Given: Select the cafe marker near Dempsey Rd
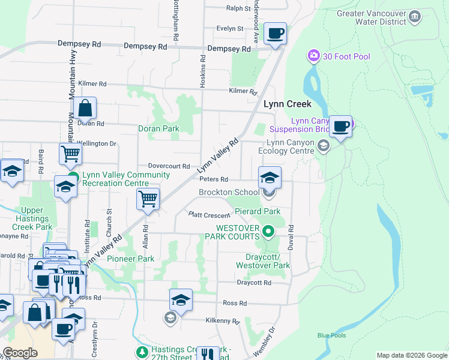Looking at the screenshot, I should (x=275, y=34).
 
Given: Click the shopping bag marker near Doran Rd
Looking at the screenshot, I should (x=85, y=109).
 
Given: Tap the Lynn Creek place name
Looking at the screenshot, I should (x=288, y=104).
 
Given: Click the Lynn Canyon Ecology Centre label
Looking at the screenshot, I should (x=291, y=146).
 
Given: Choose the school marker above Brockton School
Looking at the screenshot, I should (x=270, y=178).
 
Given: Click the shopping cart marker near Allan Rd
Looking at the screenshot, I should (x=148, y=199).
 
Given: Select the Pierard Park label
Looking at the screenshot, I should (x=258, y=212).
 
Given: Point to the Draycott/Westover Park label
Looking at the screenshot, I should (x=263, y=261).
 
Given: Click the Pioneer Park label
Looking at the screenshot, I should (x=130, y=259).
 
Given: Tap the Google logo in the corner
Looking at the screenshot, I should (x=20, y=353).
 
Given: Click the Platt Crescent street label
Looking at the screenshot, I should (x=209, y=215).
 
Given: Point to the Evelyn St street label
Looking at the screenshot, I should (x=230, y=28).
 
